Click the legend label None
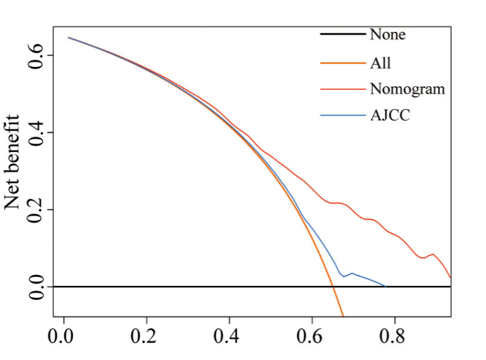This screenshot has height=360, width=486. [387, 35]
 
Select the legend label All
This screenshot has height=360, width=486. [381, 62]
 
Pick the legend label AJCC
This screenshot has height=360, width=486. [390, 115]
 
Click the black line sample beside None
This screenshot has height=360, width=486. [342, 35]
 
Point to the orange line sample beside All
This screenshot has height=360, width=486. [342, 62]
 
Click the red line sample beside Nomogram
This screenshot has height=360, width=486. [342, 89]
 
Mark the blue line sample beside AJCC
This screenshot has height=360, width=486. [342, 115]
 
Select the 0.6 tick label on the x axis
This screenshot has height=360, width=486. [312, 337]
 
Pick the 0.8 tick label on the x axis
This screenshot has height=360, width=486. [394, 337]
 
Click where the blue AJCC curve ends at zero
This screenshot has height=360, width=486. [385, 286]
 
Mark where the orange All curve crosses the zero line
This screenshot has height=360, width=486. [333, 286]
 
